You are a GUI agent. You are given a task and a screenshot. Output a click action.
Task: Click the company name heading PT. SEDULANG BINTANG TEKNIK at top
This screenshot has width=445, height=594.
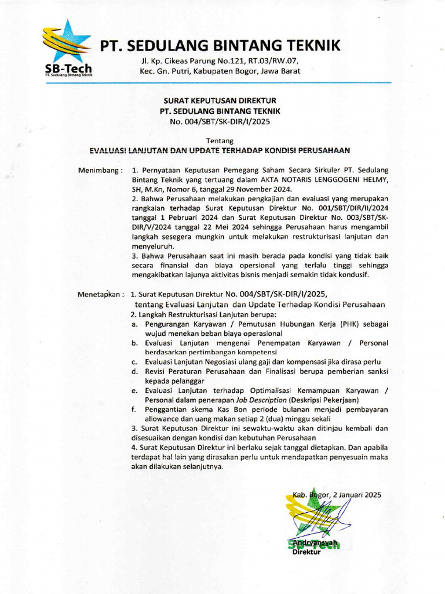[221, 45]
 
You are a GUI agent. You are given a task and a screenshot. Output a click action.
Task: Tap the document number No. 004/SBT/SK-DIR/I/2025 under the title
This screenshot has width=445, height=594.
[220, 121]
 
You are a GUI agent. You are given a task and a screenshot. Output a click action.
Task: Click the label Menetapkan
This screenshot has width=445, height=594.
[101, 294]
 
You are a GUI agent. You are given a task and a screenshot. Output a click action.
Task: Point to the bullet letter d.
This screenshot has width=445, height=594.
[133, 371]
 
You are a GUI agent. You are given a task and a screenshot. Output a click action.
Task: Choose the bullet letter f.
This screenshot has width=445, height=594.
[133, 410]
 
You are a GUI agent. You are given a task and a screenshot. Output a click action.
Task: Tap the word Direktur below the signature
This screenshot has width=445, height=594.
[307, 552]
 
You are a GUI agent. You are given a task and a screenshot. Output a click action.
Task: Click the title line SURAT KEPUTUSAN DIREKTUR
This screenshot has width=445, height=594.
[220, 101]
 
